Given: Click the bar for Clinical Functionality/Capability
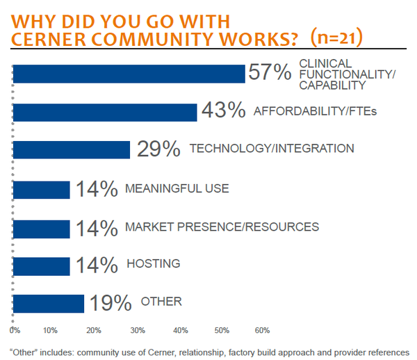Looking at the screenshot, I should [129, 74].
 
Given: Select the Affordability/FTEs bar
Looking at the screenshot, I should [105, 112].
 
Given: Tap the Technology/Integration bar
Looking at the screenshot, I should [72, 150].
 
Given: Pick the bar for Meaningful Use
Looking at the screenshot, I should [42, 190].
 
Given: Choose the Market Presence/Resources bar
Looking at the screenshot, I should [42, 228].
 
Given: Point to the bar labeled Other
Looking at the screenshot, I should [49, 304].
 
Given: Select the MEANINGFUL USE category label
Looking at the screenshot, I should [177, 188].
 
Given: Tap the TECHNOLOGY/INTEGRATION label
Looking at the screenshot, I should [272, 149].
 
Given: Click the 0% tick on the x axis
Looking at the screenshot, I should [15, 329].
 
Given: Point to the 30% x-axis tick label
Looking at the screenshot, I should [138, 329].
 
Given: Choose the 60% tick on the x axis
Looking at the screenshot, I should [262, 329].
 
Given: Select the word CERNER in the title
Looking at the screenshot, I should [53, 39].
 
